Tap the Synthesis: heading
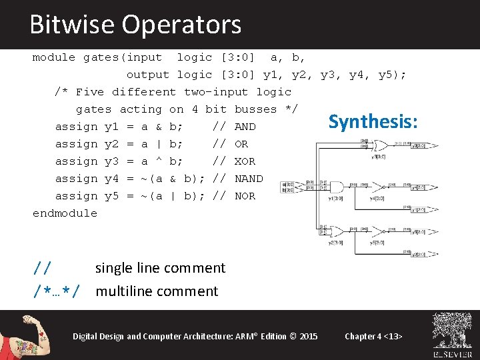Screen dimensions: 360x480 (373, 121)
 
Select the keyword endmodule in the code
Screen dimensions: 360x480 (65, 213)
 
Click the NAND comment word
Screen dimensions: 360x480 (249, 179)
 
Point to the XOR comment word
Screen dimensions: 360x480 (245, 161)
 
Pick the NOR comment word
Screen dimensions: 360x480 (245, 196)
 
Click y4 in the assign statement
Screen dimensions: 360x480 (111, 179)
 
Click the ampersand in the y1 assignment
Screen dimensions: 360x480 (159, 127)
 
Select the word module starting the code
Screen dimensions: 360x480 (54, 57)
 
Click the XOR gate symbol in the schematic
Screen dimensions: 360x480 (381, 145)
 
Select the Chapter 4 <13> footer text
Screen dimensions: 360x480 (373, 336)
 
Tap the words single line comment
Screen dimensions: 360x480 (161, 268)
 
